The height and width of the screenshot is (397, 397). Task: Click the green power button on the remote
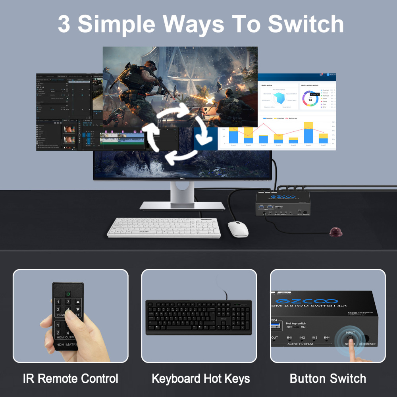(x=68, y=294)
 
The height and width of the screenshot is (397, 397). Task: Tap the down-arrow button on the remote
(x=78, y=309)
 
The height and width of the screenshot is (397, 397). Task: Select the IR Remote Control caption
(x=71, y=378)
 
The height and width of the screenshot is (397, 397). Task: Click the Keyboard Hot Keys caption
(x=201, y=378)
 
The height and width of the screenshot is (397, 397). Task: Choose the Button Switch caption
(x=328, y=378)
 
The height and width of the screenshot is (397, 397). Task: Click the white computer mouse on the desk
(x=238, y=229)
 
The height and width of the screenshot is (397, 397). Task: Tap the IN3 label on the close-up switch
(x=314, y=337)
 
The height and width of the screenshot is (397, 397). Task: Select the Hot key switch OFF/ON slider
(x=296, y=327)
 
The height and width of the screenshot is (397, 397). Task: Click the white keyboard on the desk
(x=164, y=227)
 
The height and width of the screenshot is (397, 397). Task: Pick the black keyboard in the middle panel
(x=198, y=317)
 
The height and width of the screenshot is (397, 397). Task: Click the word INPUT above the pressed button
(x=350, y=333)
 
